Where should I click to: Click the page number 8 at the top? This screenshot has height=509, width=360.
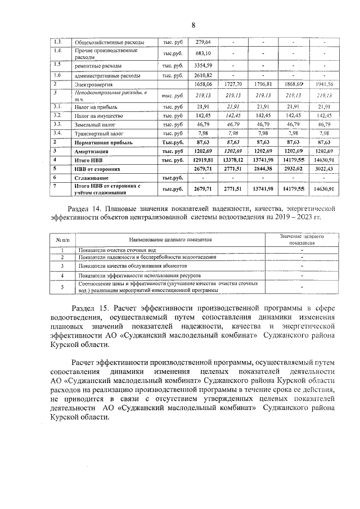(x=193, y=25)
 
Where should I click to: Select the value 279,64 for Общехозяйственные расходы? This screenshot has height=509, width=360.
(x=202, y=42)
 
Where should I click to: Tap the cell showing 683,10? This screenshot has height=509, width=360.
(x=202, y=53)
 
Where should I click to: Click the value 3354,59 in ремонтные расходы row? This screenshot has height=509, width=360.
(x=202, y=66)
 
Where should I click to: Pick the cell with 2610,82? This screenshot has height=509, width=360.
(x=202, y=75)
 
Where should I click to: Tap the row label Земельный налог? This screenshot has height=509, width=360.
(x=94, y=124)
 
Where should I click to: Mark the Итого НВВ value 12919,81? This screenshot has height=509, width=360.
(x=202, y=160)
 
